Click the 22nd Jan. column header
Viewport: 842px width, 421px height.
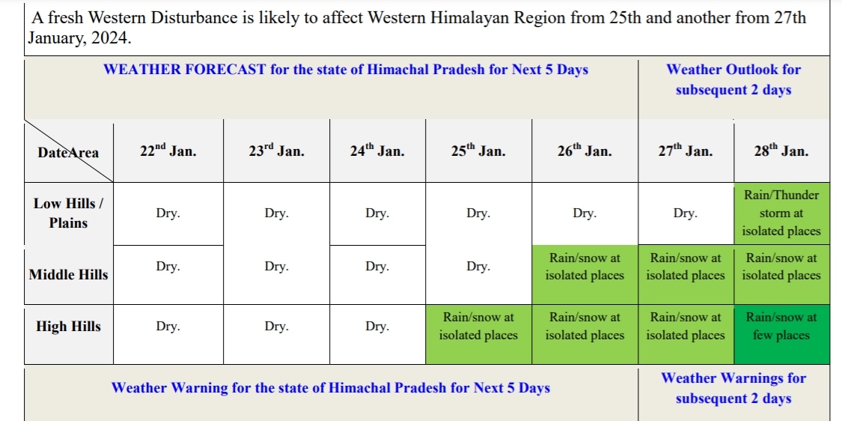[168, 151]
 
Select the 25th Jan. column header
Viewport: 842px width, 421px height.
[478, 151]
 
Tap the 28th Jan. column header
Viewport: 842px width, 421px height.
[781, 151]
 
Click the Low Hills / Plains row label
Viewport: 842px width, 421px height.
[68, 213]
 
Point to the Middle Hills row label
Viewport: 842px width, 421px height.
[68, 275]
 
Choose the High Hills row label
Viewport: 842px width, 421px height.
[68, 327]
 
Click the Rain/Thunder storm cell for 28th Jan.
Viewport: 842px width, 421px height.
[781, 213]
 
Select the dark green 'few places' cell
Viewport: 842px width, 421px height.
[781, 327]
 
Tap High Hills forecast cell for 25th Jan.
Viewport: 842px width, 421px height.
[478, 327]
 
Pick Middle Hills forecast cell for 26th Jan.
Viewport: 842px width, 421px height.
[585, 267]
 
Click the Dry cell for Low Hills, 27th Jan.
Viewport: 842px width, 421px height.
[685, 213]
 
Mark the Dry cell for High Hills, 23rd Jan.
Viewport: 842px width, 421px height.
[276, 327]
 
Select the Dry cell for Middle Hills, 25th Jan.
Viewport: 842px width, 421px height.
[478, 267]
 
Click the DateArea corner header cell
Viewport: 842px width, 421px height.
[68, 152]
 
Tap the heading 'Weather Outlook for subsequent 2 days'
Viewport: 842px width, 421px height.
[733, 79]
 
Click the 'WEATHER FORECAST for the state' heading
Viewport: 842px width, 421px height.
[346, 70]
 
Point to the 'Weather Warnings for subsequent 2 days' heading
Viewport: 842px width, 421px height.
[733, 388]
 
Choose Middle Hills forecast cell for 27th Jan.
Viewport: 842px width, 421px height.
[686, 267]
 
